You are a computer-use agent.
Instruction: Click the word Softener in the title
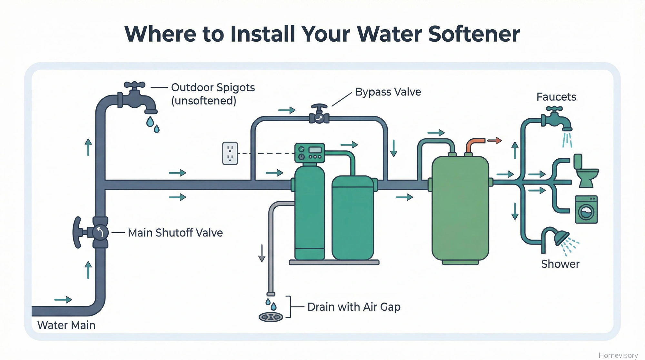pyautogui.click(x=474, y=34)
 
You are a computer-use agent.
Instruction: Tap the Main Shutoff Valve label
pyautogui.click(x=175, y=233)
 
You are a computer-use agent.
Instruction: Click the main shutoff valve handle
pyautogui.click(x=78, y=232)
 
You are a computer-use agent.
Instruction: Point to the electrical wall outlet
pyautogui.click(x=230, y=153)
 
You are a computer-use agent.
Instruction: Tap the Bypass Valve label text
pyautogui.click(x=388, y=92)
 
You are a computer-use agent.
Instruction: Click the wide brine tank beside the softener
pyautogui.click(x=352, y=218)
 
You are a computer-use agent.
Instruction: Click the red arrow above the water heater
pyautogui.click(x=494, y=140)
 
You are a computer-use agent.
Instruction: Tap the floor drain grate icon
pyautogui.click(x=271, y=317)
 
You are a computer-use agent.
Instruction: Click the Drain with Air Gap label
pyautogui.click(x=354, y=307)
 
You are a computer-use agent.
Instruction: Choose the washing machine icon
pyautogui.click(x=586, y=210)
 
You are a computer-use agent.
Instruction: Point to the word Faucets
pyautogui.click(x=556, y=97)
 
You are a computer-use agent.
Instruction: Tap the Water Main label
pyautogui.click(x=66, y=325)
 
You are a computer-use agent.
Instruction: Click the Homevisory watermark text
pyautogui.click(x=618, y=355)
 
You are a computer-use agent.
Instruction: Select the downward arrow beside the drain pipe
pyautogui.click(x=262, y=253)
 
